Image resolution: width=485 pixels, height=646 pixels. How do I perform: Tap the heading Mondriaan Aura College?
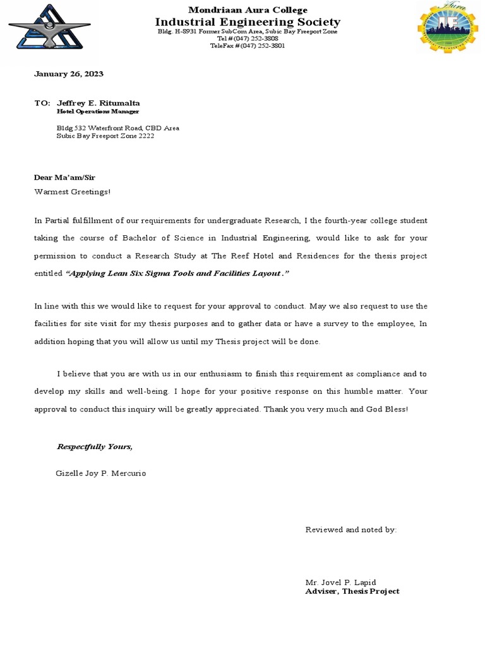click(248, 10)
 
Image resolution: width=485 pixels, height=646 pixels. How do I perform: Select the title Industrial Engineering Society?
click(248, 22)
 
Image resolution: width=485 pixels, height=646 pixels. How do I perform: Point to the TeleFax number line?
click(248, 46)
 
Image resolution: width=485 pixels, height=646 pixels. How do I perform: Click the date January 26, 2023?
click(68, 74)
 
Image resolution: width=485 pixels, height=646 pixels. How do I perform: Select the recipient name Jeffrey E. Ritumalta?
click(99, 103)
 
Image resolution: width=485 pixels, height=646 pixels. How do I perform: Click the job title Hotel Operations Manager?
click(98, 112)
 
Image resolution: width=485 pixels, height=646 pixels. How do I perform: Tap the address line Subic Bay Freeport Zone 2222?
click(105, 136)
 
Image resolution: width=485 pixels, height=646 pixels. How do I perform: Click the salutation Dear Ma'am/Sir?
click(64, 178)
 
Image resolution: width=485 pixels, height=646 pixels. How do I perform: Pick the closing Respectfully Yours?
click(95, 447)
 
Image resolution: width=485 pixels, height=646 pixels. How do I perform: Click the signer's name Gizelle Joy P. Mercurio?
click(101, 473)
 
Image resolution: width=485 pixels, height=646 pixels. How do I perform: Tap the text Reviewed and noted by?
click(351, 530)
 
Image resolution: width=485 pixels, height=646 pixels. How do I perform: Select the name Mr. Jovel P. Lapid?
click(340, 582)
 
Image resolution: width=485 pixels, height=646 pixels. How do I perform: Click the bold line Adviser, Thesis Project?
click(352, 591)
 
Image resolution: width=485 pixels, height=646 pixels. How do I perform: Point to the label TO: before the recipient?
click(42, 103)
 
